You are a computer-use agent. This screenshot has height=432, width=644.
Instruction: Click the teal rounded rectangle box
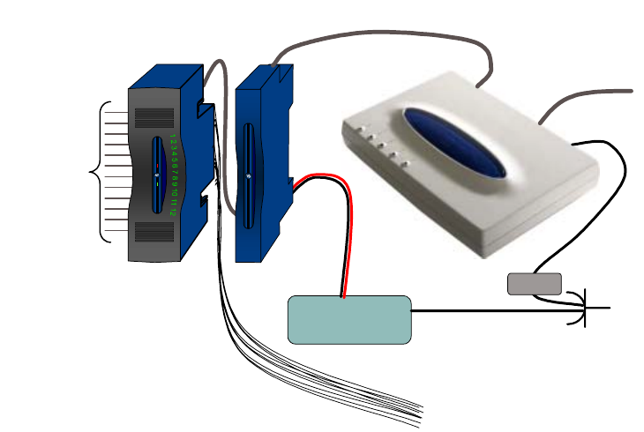pos(350,319)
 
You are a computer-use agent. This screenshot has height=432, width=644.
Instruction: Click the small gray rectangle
pos(535,284)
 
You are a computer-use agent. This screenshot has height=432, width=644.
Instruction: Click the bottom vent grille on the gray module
pos(154,232)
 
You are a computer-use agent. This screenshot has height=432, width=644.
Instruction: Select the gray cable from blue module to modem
pos(379,40)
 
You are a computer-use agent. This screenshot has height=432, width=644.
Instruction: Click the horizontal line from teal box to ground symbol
pos(494,310)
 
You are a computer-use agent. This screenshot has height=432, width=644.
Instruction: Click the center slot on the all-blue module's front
pos(249,176)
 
